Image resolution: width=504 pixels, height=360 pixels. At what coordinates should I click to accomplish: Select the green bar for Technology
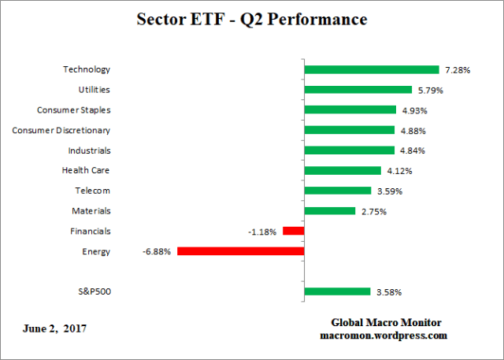pos(371,69)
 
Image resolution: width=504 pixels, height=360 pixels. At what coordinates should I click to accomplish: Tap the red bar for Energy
pos(240,251)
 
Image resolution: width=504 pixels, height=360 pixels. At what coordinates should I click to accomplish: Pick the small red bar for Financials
pos(293,231)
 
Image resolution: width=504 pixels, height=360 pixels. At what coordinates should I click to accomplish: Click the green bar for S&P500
pos(337,291)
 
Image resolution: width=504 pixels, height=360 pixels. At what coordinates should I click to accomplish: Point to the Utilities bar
pos(358,90)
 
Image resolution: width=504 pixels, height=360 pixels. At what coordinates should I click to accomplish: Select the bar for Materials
pos(329,210)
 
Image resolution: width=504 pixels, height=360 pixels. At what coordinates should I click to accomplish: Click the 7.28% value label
pos(458,70)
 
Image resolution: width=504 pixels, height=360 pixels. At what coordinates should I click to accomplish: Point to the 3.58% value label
pos(388,292)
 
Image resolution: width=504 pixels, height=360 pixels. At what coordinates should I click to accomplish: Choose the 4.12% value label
pos(398,171)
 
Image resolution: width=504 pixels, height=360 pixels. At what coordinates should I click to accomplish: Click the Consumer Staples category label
pos(74,109)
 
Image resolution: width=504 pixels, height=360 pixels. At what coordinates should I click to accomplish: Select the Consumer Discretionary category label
pos(61,130)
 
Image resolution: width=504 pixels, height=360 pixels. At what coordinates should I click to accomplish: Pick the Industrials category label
pos(90,150)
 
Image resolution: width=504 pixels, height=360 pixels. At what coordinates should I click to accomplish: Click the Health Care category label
pos(86,170)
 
